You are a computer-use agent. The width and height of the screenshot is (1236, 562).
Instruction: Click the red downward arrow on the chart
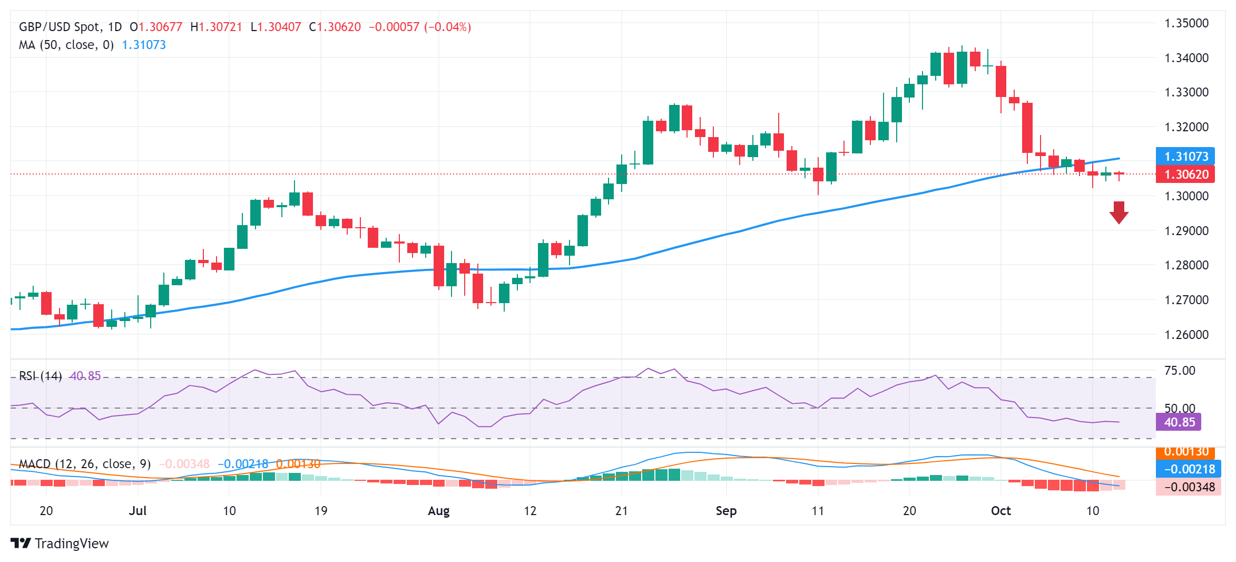[x=1119, y=212]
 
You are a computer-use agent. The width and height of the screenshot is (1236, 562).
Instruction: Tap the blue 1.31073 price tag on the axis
[x=1185, y=157]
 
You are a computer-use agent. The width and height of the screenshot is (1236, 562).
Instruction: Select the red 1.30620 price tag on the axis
[x=1185, y=175]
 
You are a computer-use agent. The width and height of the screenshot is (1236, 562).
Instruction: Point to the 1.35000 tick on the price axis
[x=1186, y=23]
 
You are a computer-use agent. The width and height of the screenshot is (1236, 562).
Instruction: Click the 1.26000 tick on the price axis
[x=1186, y=334]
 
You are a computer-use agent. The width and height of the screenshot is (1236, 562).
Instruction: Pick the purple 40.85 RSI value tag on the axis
[x=1179, y=422]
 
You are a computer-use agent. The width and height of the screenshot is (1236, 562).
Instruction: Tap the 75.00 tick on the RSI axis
[x=1180, y=371]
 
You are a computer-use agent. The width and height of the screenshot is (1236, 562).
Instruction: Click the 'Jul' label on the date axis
[x=138, y=511]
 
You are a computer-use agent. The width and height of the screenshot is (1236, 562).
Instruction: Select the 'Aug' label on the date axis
[x=439, y=511]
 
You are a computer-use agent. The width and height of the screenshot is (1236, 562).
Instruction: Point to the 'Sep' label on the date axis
[x=726, y=511]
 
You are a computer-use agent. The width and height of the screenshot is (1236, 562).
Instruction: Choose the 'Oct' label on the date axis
[x=1001, y=511]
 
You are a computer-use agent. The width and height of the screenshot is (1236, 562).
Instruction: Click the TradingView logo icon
[x=21, y=543]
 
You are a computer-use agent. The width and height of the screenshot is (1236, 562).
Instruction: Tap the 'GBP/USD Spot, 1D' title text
[x=70, y=27]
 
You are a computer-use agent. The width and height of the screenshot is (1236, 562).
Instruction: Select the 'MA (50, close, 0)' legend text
[x=66, y=45]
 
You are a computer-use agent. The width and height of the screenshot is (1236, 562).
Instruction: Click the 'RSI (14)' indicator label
[x=41, y=376]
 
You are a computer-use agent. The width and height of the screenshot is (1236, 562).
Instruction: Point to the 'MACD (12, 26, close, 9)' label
[x=85, y=464]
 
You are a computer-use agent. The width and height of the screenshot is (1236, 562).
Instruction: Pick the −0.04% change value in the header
[x=447, y=27]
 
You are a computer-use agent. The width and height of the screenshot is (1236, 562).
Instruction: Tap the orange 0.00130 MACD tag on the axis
[x=1185, y=452]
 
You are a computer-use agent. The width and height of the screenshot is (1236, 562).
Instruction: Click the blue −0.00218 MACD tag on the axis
[x=1189, y=469]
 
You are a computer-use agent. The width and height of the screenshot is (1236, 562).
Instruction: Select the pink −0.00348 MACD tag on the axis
[x=1189, y=487]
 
